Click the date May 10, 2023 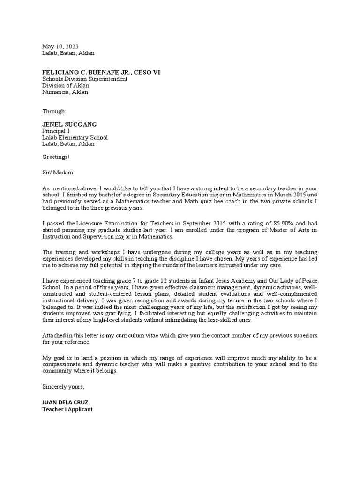pos(60,46)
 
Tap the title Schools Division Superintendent pos(84,79)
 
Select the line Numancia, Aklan pos(65,92)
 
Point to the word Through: pos(54,112)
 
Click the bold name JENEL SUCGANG pos(69,124)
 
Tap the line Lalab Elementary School pos(75,137)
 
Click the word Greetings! pos(56,157)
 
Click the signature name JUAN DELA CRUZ pos(66,403)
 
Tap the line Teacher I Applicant pos(67,409)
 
